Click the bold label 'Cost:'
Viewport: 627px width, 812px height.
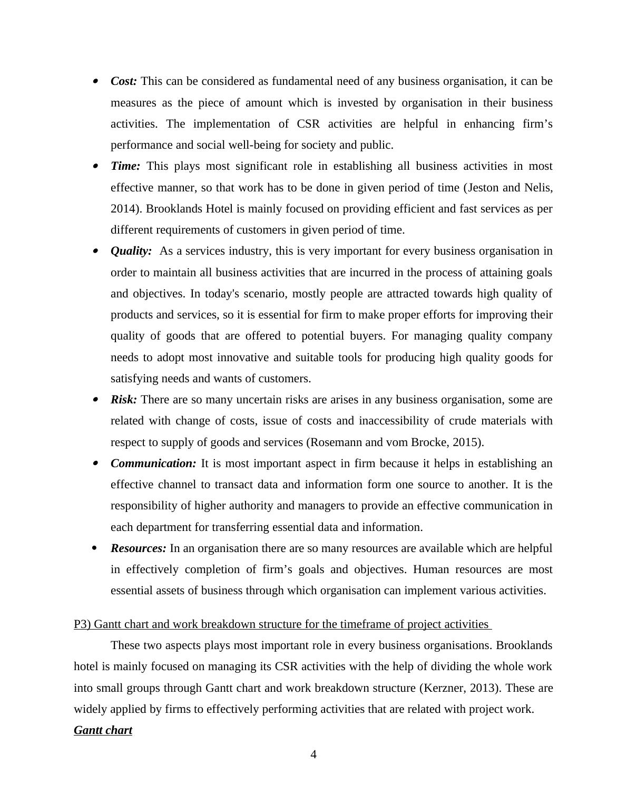click(124, 81)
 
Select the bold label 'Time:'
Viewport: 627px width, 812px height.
click(125, 166)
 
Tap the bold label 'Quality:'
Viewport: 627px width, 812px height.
click(131, 251)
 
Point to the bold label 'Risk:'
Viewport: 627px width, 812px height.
click(124, 400)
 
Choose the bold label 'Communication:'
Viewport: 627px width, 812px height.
click(153, 463)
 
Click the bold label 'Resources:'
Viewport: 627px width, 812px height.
click(139, 548)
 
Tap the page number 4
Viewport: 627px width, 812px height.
click(313, 755)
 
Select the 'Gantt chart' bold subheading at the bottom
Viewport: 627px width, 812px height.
click(103, 730)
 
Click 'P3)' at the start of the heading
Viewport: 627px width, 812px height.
click(82, 624)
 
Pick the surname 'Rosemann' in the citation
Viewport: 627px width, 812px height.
click(333, 442)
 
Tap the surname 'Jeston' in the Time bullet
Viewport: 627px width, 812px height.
click(484, 188)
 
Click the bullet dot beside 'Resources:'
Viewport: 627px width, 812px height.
click(95, 548)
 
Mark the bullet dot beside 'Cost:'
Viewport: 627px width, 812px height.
click(95, 81)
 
